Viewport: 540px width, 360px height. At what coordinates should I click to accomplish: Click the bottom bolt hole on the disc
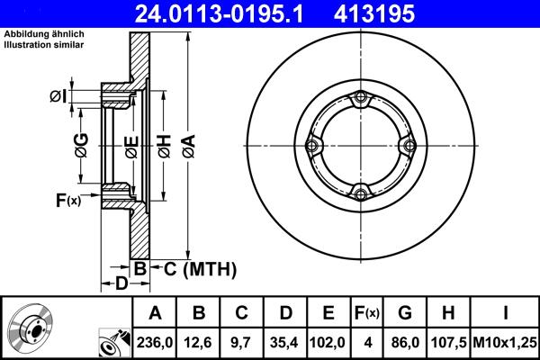click(x=360, y=192)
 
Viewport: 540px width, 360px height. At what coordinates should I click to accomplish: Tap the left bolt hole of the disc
click(x=313, y=146)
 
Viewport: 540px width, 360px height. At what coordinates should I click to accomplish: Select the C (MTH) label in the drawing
click(x=200, y=267)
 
